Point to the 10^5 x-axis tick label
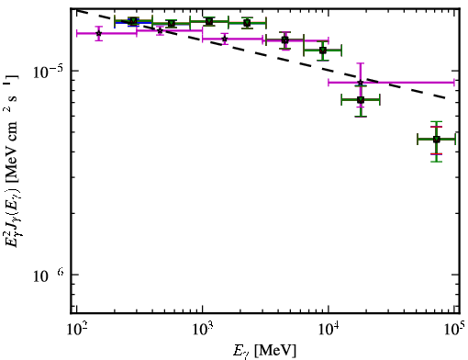[x=453, y=329]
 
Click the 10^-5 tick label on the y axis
[x=48, y=71]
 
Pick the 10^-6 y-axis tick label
[x=48, y=275]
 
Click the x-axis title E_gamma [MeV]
[x=264, y=351]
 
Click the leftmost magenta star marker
[x=98, y=33]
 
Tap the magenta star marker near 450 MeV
[x=160, y=30]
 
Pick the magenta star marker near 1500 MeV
[x=225, y=39]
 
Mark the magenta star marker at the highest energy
[x=361, y=83]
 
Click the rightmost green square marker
[x=437, y=140]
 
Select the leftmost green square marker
[x=133, y=21]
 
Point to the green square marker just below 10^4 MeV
[x=323, y=51]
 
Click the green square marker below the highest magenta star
[x=361, y=99]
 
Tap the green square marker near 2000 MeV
[x=247, y=23]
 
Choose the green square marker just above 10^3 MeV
[x=209, y=21]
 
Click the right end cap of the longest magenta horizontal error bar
[x=454, y=83]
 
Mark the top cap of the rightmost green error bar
[x=437, y=122]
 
